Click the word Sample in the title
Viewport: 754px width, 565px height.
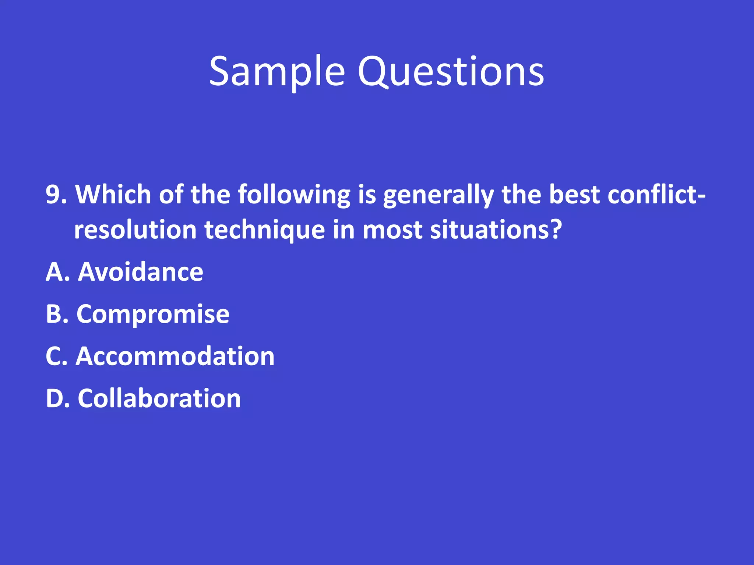[x=277, y=72]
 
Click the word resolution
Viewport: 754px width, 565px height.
[x=135, y=230]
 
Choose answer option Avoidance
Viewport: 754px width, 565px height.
[x=141, y=272]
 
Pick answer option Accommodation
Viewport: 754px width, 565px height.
[x=175, y=357]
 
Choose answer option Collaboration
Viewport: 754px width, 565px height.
[x=159, y=399]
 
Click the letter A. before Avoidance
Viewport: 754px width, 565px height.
[x=57, y=272]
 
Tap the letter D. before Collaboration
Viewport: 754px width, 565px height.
[x=57, y=399]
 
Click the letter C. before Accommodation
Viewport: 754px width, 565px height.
[x=56, y=357]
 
